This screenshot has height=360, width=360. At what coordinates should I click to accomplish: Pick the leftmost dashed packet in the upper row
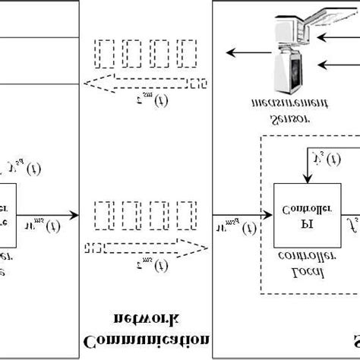point(100,54)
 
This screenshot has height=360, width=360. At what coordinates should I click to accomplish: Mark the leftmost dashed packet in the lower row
point(100,215)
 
